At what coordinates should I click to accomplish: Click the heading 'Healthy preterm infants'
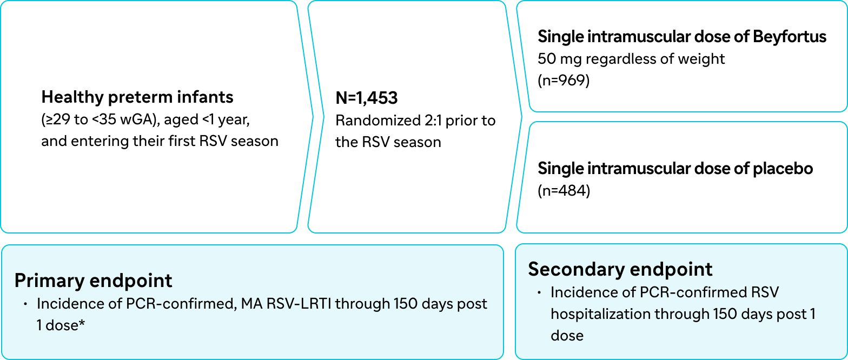click(137, 97)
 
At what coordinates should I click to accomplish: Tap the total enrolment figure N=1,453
click(367, 98)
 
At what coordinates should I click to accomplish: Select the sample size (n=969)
click(564, 80)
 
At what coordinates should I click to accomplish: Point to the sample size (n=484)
click(564, 190)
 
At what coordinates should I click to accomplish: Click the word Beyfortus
click(790, 37)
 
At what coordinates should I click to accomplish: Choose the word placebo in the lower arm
click(783, 169)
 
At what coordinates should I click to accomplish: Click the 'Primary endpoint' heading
click(93, 281)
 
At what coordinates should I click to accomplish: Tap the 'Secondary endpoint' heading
click(620, 269)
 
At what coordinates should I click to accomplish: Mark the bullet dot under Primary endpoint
click(25, 304)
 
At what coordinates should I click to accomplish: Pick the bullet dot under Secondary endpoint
click(539, 292)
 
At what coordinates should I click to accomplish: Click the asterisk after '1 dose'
click(81, 323)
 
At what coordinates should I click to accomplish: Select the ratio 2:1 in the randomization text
click(433, 121)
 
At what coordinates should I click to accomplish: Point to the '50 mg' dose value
click(559, 59)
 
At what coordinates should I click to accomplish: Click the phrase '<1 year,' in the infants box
click(226, 119)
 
